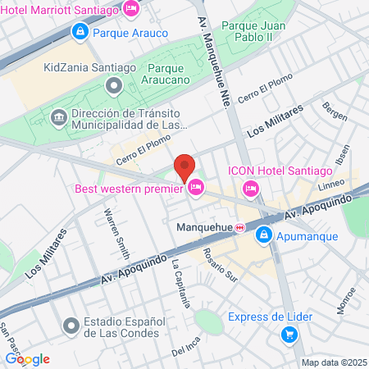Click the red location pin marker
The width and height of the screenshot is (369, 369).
184,166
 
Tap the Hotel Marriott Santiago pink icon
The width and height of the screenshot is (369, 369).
130,9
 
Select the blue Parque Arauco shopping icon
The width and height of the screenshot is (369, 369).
80,33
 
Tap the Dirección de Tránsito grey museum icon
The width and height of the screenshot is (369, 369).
58,116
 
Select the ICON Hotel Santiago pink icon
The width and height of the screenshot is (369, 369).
250,189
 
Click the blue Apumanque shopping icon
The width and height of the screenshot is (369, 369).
263,236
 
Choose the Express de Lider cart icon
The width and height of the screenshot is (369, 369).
288,335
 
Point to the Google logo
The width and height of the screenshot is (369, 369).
27,358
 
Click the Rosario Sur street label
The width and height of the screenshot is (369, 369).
220,264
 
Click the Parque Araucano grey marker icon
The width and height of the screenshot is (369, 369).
113,84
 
